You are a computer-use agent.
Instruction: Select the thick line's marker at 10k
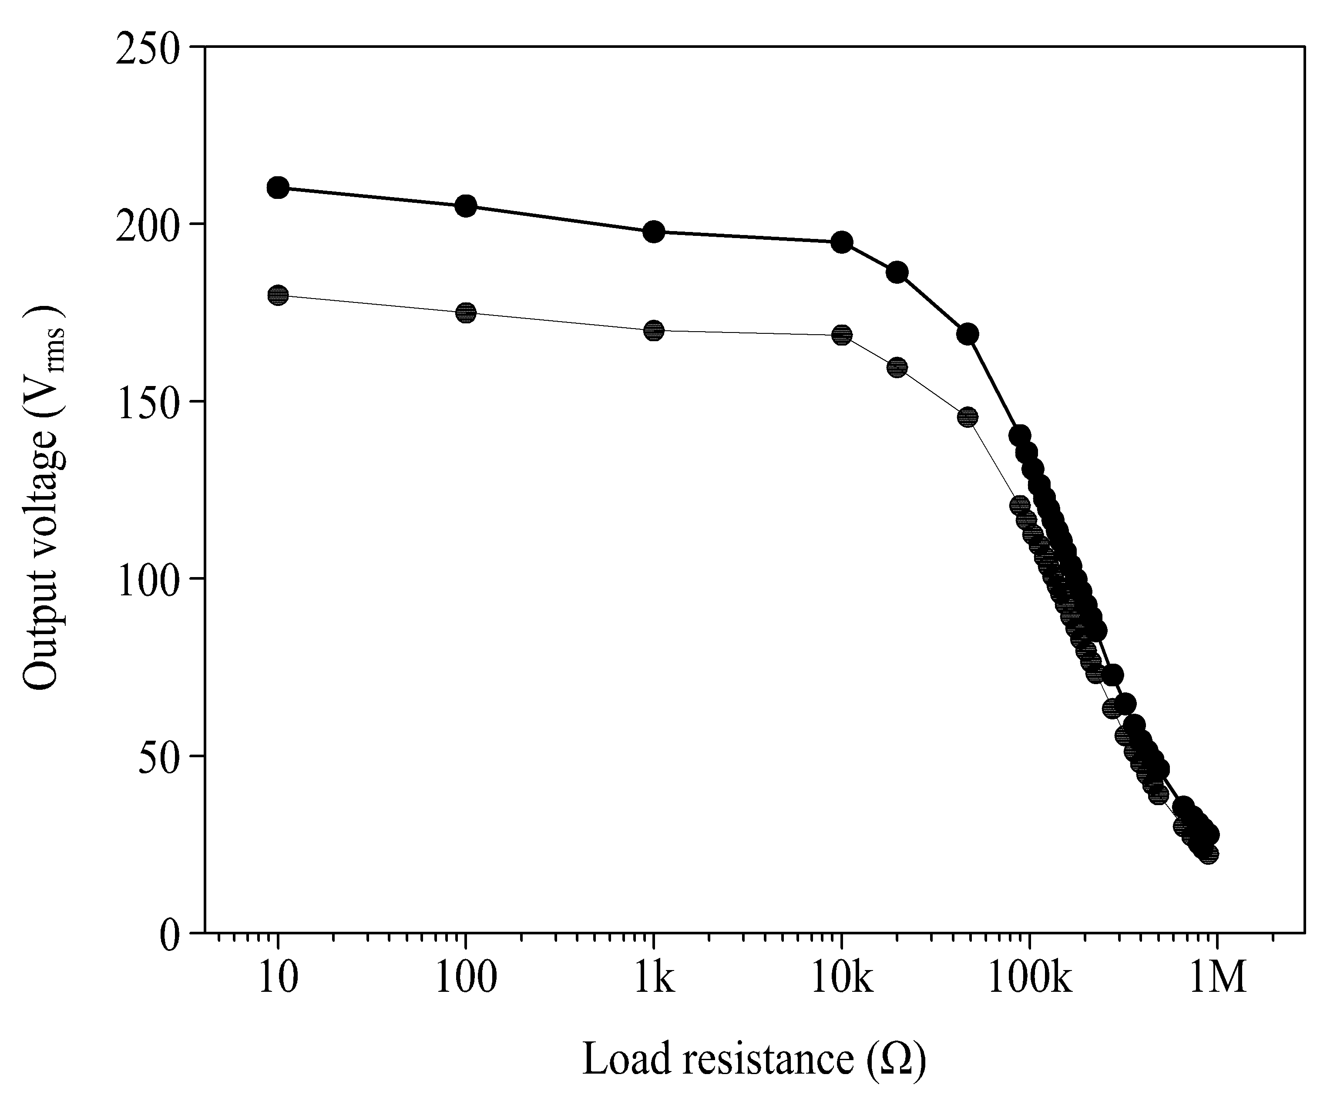[842, 242]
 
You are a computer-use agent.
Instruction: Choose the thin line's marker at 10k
[842, 335]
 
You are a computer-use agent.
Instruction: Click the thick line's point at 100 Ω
[466, 205]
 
